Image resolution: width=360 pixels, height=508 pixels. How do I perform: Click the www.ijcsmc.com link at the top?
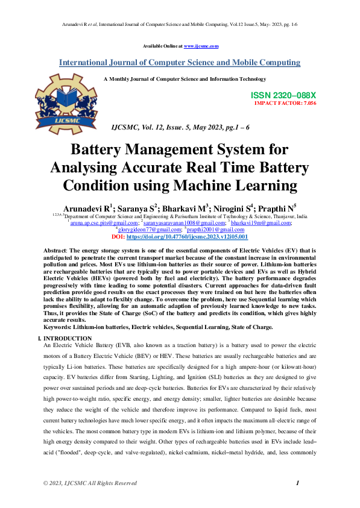(201, 46)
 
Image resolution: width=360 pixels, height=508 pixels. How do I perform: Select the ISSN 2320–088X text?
(283, 96)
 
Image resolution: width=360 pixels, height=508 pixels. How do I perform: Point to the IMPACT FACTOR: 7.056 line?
(285, 103)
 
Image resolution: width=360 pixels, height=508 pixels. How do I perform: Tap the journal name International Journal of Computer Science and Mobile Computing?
(179, 63)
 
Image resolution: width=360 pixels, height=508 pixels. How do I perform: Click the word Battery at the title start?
(98, 149)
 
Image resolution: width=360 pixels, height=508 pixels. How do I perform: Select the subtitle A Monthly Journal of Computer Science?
(185, 79)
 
